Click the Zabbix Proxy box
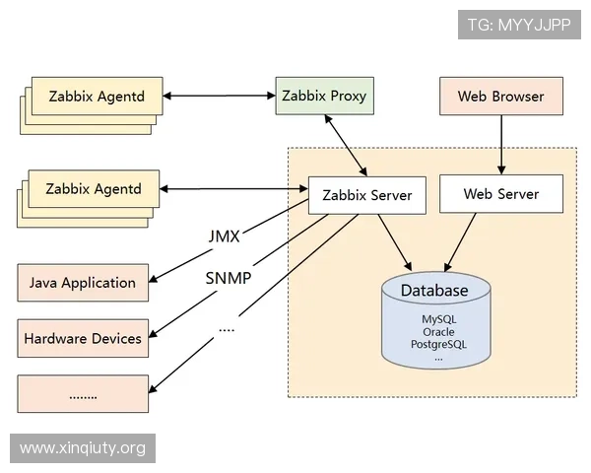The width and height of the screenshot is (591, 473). click(x=324, y=97)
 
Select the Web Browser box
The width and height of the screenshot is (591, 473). click(x=500, y=97)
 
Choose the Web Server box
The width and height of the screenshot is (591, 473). click(x=501, y=194)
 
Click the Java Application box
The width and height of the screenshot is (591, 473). click(x=83, y=283)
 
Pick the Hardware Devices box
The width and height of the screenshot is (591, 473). click(x=83, y=338)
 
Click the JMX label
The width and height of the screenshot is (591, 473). click(x=225, y=237)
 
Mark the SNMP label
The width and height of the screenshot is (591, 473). click(x=228, y=277)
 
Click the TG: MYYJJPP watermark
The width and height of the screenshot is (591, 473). click(x=520, y=23)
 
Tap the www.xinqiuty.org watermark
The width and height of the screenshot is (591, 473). click(x=83, y=448)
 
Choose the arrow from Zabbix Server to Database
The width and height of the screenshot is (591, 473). click(x=396, y=242)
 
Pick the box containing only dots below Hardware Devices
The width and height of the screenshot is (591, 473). click(x=83, y=393)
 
